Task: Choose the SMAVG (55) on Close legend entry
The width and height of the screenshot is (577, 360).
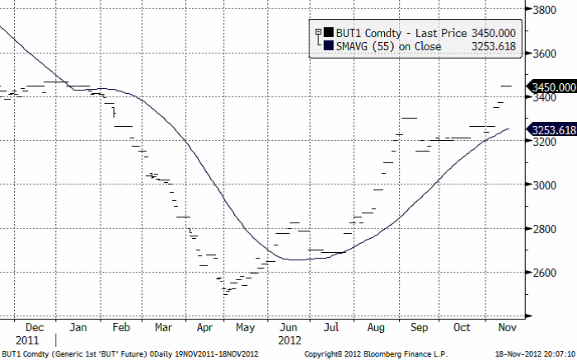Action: [x=383, y=46]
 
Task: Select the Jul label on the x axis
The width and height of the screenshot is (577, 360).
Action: [x=331, y=327]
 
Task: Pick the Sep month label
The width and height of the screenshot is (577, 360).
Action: [x=419, y=327]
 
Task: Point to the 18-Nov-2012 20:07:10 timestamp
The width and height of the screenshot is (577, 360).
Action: [x=537, y=353]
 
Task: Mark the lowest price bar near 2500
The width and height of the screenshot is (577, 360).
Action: [x=225, y=292]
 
